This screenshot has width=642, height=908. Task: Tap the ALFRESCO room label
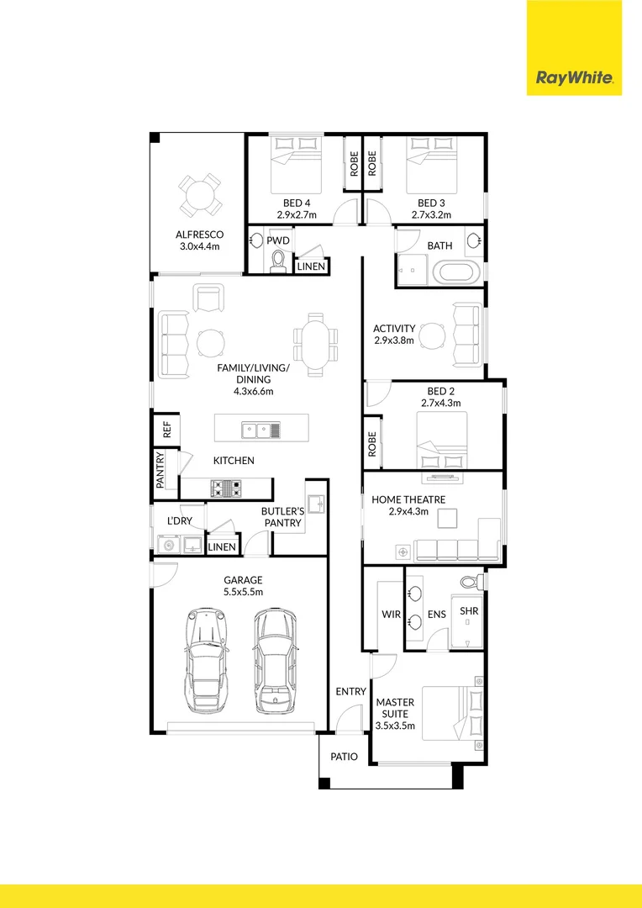click(x=198, y=235)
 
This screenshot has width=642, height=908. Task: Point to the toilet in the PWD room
click(x=278, y=264)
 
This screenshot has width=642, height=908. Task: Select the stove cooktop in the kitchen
click(x=227, y=487)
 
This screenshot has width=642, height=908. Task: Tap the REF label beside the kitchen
click(x=166, y=430)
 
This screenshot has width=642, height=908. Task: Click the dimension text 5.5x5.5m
click(x=243, y=592)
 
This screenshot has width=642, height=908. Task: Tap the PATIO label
click(x=344, y=757)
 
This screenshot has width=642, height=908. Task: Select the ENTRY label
click(x=350, y=691)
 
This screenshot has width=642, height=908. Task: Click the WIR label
click(x=391, y=615)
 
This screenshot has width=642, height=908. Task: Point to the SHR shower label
click(x=469, y=611)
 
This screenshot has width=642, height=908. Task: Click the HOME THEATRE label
click(x=408, y=499)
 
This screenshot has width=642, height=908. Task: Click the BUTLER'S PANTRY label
click(x=281, y=516)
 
